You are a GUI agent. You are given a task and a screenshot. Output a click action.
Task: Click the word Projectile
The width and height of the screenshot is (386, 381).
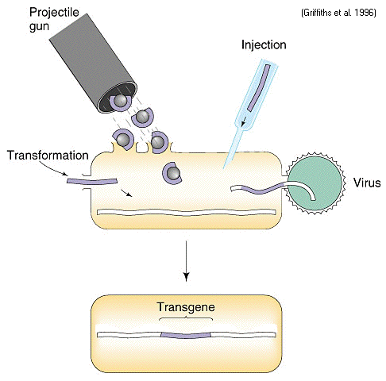coord(54,13)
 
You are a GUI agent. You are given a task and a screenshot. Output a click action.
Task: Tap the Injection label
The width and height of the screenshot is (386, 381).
coord(264,45)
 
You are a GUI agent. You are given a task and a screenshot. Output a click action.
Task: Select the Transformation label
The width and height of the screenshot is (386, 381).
coord(48,156)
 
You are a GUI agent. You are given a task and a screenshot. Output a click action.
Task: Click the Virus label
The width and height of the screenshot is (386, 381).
coord(367,183)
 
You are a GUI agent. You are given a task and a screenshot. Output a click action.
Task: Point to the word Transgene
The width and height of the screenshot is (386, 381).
coord(186,307)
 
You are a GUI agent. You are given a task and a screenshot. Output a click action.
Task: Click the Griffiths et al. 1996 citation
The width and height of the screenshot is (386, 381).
coord(338,13)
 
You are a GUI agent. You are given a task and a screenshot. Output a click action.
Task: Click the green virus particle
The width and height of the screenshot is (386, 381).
coord(315,183)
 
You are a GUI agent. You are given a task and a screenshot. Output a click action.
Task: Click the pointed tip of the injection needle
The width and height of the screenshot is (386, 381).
coord(224,168)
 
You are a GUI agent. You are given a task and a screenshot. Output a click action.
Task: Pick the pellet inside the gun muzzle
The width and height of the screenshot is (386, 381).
coord(121,102)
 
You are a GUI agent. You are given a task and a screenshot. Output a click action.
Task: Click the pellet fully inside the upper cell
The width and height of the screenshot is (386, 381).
coord(172,173)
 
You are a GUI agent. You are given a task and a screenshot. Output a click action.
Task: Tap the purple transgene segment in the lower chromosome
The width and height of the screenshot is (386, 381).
coord(186,335)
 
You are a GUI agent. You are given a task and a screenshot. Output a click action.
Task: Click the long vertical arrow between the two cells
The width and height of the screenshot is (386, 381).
coord(187,261)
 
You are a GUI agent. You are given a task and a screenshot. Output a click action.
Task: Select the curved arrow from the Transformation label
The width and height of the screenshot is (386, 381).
coord(52,168)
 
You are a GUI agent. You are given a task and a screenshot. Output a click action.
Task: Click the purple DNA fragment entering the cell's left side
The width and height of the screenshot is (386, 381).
coord(91,181)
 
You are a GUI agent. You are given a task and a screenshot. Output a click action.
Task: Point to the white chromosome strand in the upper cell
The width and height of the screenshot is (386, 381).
coord(187,212)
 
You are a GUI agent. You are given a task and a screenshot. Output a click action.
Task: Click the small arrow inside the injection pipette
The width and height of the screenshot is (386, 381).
coord(244,121)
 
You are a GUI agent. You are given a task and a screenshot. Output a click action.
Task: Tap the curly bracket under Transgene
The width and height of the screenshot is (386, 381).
coord(186,317)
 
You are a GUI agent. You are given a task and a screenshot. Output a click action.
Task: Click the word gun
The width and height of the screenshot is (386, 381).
coord(39,27)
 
